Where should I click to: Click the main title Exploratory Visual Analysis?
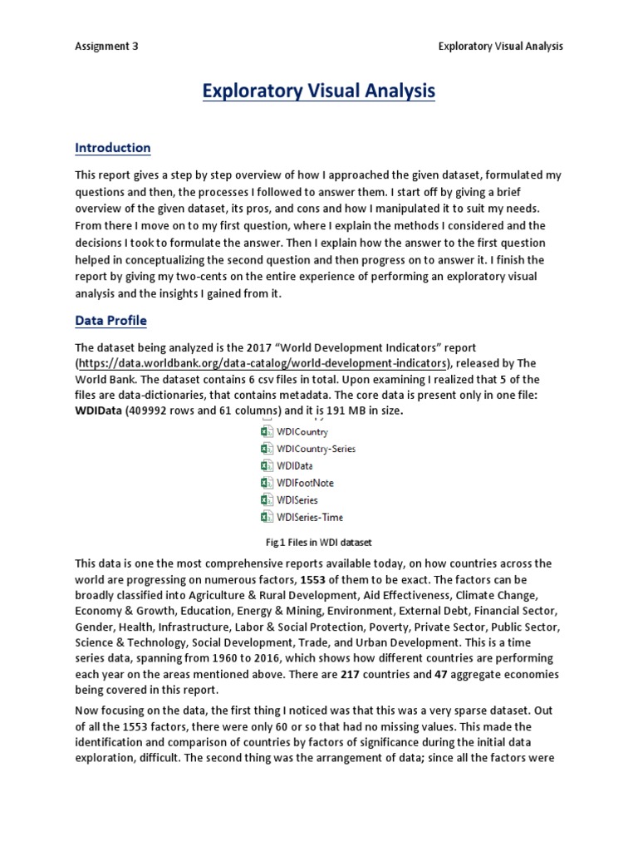click(319, 91)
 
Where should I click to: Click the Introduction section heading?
click(113, 148)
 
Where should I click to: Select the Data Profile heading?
click(110, 320)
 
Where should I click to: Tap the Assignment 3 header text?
click(106, 47)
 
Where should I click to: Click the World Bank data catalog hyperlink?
click(263, 363)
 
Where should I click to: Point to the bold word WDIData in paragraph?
click(98, 411)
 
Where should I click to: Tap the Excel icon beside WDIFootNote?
click(267, 483)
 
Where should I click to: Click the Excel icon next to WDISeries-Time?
click(267, 517)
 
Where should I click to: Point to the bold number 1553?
click(313, 579)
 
